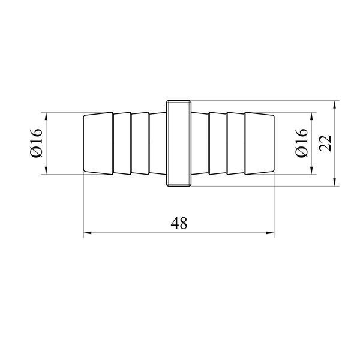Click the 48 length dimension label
click(179, 223)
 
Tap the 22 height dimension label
click(326, 143)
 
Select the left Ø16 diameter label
click(36, 143)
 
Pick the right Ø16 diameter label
click(301, 143)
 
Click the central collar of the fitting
click(179, 143)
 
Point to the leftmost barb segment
click(98, 143)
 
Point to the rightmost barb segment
click(259, 143)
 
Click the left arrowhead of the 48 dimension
click(88, 233)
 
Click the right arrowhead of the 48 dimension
click(270, 233)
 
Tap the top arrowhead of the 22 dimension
click(335, 104)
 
